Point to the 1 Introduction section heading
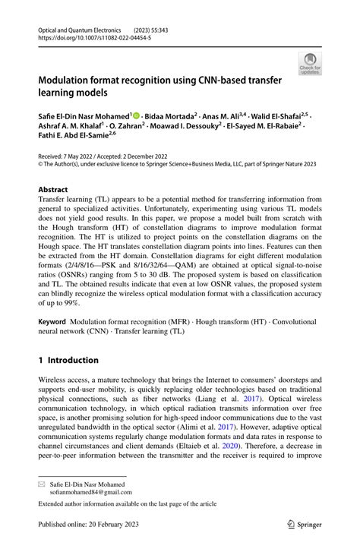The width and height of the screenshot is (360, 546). pyautogui.click(x=68, y=360)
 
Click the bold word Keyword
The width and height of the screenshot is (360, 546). pyautogui.click(x=55, y=323)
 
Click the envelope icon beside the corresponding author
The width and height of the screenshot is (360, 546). pyautogui.click(x=43, y=482)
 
